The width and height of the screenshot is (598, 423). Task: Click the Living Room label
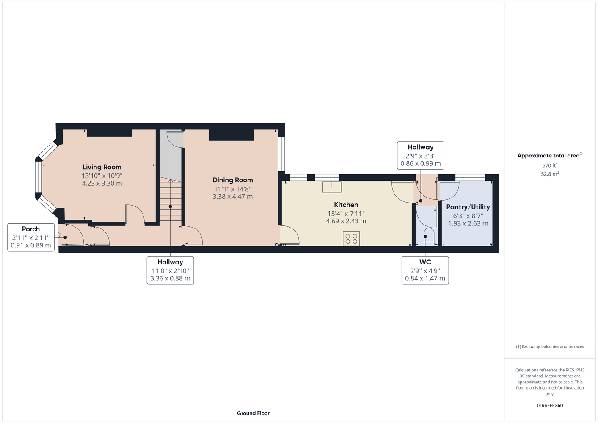click(x=102, y=167)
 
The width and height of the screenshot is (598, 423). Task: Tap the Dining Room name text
click(x=232, y=180)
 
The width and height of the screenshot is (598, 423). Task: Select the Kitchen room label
click(x=346, y=205)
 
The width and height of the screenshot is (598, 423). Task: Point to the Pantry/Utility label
click(x=468, y=207)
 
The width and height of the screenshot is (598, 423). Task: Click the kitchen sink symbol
click(x=332, y=187)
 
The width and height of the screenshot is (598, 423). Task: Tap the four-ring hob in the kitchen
click(x=351, y=239)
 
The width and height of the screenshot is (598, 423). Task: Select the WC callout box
click(x=425, y=270)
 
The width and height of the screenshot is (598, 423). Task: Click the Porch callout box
click(x=31, y=237)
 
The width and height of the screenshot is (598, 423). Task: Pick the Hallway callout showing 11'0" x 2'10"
click(x=170, y=270)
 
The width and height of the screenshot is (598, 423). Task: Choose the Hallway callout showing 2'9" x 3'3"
click(x=421, y=155)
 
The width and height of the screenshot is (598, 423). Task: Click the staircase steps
click(x=170, y=200)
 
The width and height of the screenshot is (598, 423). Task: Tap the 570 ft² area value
click(x=550, y=165)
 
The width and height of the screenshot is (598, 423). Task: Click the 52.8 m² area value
click(x=550, y=174)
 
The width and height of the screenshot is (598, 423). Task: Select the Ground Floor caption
click(x=253, y=413)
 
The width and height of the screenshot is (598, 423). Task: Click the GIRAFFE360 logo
click(x=550, y=405)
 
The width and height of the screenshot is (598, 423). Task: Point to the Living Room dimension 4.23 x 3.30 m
click(x=102, y=183)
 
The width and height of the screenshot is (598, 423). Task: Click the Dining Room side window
click(x=281, y=154)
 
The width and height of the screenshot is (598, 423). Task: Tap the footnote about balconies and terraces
click(x=550, y=346)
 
